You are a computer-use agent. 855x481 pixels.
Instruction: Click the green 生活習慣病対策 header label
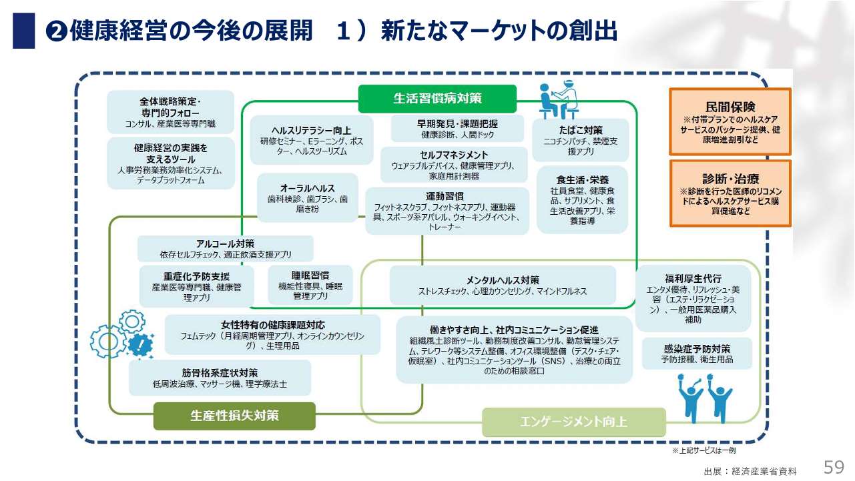click(x=437, y=99)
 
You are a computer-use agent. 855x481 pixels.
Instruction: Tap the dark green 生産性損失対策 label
click(x=234, y=416)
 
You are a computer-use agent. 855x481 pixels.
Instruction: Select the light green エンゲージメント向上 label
click(x=574, y=422)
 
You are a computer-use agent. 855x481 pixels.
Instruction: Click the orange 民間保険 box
click(x=730, y=121)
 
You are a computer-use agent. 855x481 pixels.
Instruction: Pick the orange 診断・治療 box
click(x=730, y=193)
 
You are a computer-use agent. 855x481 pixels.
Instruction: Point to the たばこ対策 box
click(x=580, y=140)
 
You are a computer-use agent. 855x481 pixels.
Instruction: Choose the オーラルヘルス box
click(x=308, y=198)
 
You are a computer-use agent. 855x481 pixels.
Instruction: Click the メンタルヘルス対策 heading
click(x=503, y=280)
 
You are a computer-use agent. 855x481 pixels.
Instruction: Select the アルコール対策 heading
click(x=226, y=244)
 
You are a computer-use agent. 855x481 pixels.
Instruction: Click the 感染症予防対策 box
click(x=697, y=353)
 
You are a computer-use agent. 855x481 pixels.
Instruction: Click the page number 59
click(x=834, y=466)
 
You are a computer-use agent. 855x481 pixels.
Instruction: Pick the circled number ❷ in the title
click(x=57, y=31)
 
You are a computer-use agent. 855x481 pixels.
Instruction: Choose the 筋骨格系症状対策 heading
click(x=220, y=372)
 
